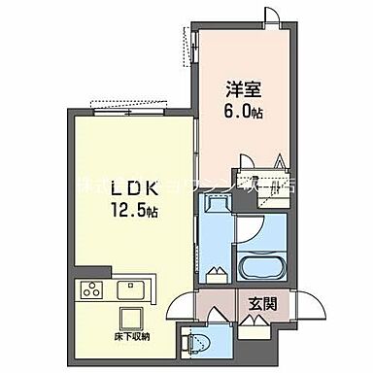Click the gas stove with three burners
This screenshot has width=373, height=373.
pyautogui.click(x=91, y=289)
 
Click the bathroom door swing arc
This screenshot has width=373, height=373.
pyautogui.click(x=251, y=228)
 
